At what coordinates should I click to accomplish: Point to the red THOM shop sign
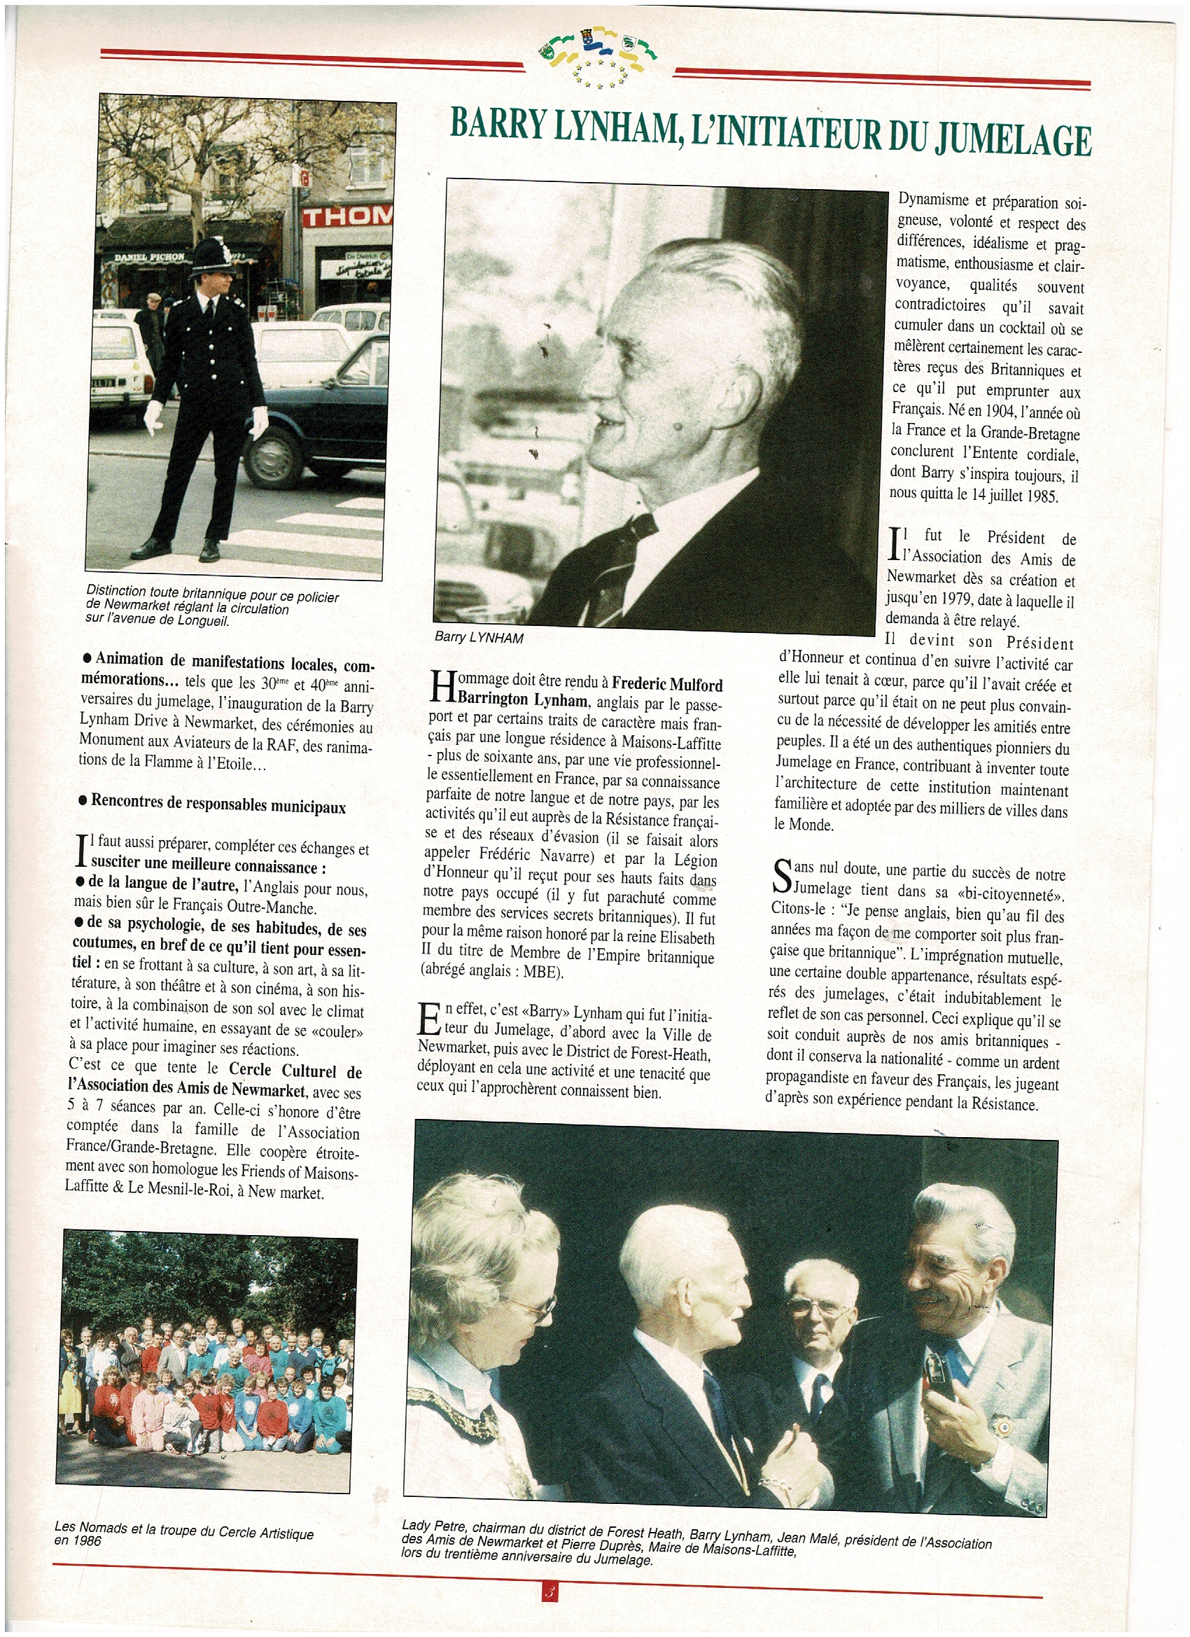click(347, 215)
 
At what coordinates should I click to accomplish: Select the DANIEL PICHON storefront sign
click(149, 256)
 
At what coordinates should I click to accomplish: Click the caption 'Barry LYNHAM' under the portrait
click(479, 637)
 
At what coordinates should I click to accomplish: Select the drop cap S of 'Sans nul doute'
click(781, 876)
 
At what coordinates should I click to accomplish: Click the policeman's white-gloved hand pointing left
click(153, 417)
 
